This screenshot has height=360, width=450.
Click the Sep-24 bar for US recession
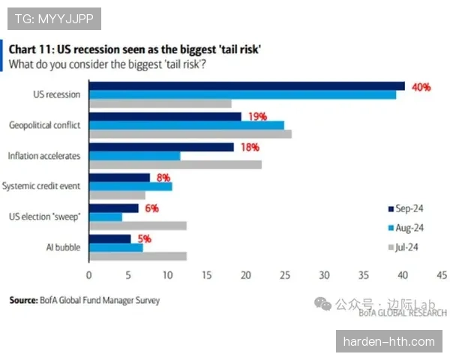click(x=247, y=86)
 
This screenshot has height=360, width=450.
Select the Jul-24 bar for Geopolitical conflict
click(x=190, y=134)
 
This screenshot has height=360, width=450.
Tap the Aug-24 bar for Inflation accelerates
click(x=134, y=155)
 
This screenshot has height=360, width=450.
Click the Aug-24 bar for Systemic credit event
click(x=130, y=186)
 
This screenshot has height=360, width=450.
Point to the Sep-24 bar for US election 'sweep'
click(x=114, y=208)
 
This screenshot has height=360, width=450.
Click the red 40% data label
click(x=420, y=87)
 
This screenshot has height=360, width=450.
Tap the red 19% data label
click(x=257, y=117)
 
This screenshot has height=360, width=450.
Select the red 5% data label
click(x=143, y=238)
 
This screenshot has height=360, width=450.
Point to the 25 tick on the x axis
click(x=285, y=275)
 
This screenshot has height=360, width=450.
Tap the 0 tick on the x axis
click(x=88, y=275)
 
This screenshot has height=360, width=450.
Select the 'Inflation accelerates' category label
click(x=44, y=155)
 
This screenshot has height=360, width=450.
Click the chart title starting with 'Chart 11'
click(x=135, y=49)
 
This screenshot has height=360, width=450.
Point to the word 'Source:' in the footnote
click(x=22, y=300)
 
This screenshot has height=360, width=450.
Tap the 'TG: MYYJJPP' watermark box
click(x=53, y=19)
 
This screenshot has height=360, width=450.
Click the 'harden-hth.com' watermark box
click(x=388, y=341)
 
